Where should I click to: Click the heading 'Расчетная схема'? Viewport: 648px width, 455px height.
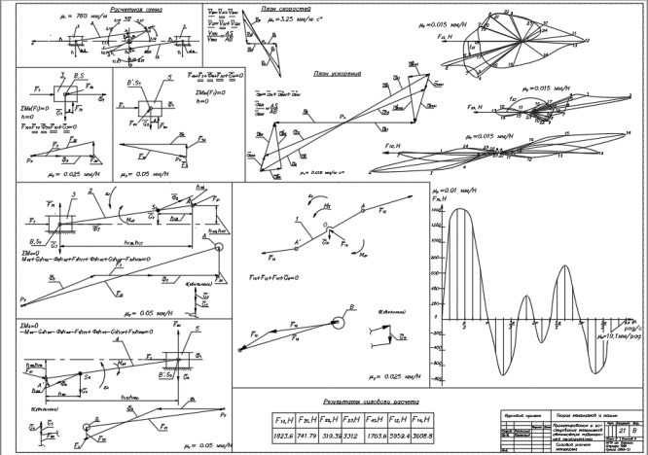pyautogui.click(x=135, y=8)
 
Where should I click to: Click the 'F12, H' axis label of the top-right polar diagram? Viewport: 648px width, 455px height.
pyautogui.click(x=449, y=37)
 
